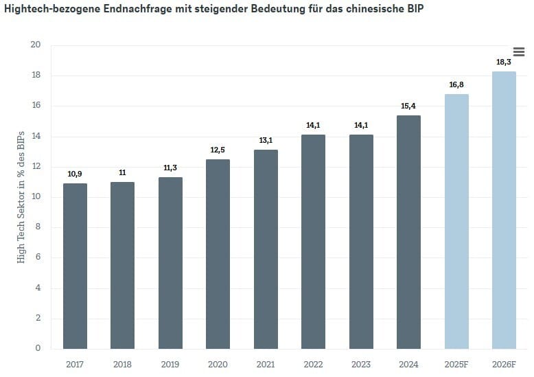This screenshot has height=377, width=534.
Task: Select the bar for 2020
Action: coord(218,254)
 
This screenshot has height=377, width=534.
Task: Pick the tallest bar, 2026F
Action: coord(504,210)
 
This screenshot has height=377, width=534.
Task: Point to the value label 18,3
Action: coord(504,62)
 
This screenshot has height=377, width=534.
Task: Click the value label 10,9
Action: coord(75,174)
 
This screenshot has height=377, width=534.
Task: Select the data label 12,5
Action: coord(218,150)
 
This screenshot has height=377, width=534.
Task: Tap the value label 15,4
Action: coord(408,106)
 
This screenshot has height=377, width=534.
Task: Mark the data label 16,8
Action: coord(456,84)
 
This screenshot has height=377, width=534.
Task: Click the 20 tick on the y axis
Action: coord(36,45)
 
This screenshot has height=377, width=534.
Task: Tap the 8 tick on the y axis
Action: coord(38,227)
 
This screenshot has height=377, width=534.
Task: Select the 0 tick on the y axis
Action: coord(38,349)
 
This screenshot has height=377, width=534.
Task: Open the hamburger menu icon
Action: coord(519,52)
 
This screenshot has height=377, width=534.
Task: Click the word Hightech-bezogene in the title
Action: coord(49,12)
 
